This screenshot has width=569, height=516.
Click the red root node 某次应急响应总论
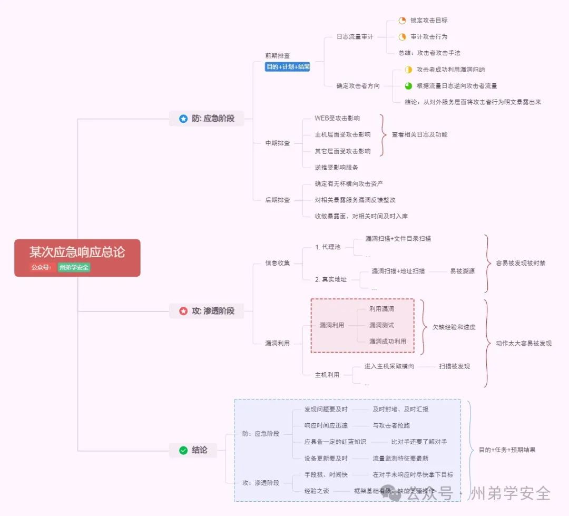pyautogui.click(x=77, y=252)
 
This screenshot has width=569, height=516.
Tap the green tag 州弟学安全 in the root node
pyautogui.click(x=74, y=267)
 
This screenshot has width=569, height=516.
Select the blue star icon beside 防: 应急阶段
pyautogui.click(x=183, y=119)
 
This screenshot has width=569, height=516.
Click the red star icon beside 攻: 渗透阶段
pyautogui.click(x=183, y=311)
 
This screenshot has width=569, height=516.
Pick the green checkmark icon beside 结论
pyautogui.click(x=183, y=450)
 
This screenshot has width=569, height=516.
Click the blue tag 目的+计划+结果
pyautogui.click(x=288, y=67)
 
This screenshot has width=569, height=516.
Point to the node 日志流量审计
pyautogui.click(x=355, y=37)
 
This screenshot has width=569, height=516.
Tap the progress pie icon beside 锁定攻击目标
pyautogui.click(x=403, y=21)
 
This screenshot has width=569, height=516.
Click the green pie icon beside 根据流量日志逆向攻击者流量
pyautogui.click(x=408, y=85)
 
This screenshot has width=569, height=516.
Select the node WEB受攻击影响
pyautogui.click(x=337, y=118)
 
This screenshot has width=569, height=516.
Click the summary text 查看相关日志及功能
pyautogui.click(x=419, y=134)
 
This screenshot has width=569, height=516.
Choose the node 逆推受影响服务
pyautogui.click(x=336, y=167)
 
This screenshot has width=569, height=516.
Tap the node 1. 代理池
pyautogui.click(x=328, y=247)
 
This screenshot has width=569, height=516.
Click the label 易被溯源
pyautogui.click(x=462, y=271)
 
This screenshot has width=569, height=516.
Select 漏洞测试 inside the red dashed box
pyautogui.click(x=381, y=325)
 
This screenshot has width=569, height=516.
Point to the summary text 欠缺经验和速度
pyautogui.click(x=454, y=327)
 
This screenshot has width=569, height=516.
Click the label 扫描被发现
pyautogui.click(x=454, y=366)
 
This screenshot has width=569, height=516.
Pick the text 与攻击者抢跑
pyautogui.click(x=387, y=425)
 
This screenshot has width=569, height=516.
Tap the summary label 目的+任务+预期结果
pyautogui.click(x=507, y=450)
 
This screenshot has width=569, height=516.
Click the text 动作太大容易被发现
pyautogui.click(x=523, y=343)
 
